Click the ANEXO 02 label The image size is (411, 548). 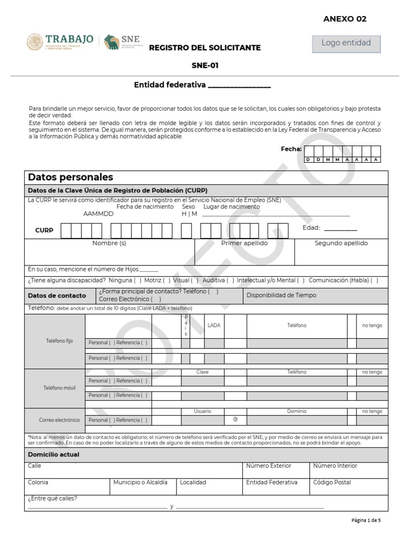[x=345, y=19]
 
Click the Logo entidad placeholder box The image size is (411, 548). [x=346, y=43]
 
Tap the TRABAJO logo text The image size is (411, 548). [x=70, y=40]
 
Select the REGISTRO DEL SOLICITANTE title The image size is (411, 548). [x=204, y=48]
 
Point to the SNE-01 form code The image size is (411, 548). [x=205, y=66]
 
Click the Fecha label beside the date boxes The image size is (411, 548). [x=291, y=149]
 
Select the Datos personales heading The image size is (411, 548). [x=71, y=177]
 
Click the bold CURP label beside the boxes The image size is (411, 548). [x=44, y=231]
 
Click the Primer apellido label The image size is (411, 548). [x=245, y=243]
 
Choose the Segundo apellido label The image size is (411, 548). [x=341, y=243]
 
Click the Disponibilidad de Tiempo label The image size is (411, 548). [x=282, y=295]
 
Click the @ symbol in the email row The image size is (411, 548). [x=235, y=420]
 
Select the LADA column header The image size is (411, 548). [x=214, y=325]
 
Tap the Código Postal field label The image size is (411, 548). [x=332, y=482]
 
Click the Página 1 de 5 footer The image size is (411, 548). [x=366, y=520]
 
